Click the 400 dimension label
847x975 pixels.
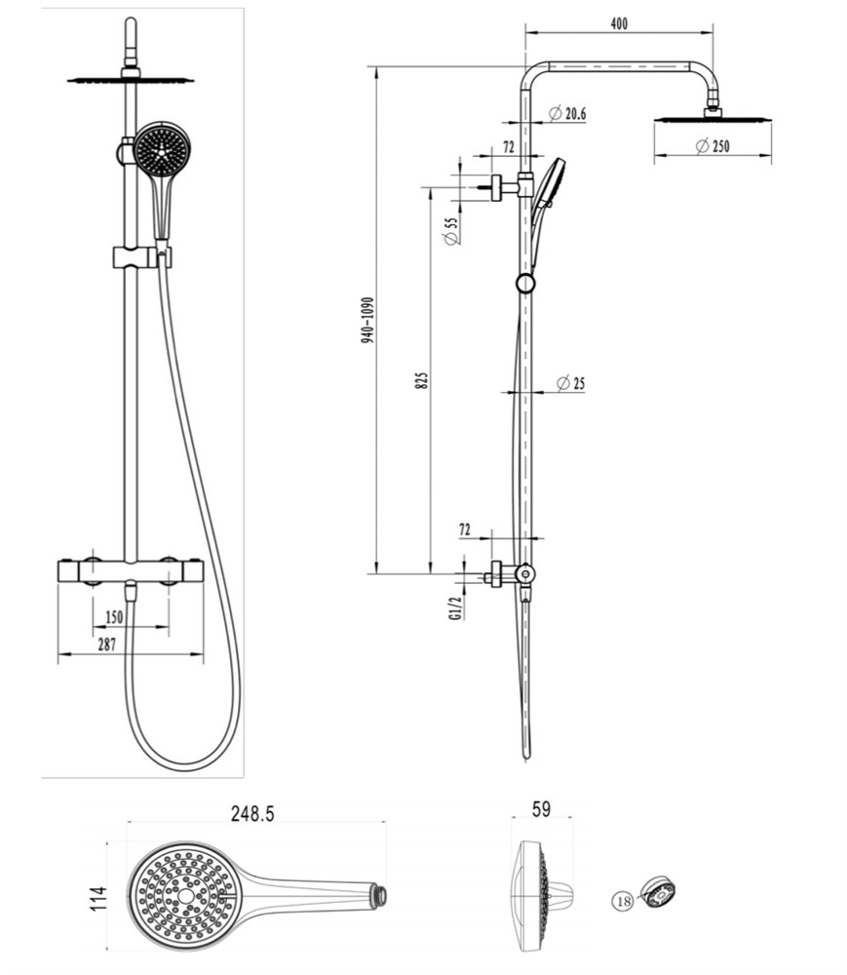[x=619, y=23]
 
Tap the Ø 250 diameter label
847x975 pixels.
[x=712, y=146]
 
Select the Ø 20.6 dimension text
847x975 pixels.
[x=567, y=113]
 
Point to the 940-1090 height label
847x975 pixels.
[x=367, y=320]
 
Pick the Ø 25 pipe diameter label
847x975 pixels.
[x=570, y=383]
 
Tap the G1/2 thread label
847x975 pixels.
[x=455, y=607]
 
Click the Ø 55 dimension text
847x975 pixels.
[x=452, y=231]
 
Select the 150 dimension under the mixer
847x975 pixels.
[x=114, y=617]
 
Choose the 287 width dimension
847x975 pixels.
[x=107, y=644]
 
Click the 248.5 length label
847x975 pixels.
[x=252, y=813]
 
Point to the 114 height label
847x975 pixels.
[x=98, y=899]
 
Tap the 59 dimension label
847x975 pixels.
[x=541, y=809]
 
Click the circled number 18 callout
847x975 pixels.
[x=623, y=900]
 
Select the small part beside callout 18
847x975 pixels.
[x=658, y=892]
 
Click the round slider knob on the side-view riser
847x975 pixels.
[x=525, y=283]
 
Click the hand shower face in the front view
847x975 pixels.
[x=162, y=149]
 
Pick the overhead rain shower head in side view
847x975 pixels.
[x=712, y=118]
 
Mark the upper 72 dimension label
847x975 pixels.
[x=509, y=147]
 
